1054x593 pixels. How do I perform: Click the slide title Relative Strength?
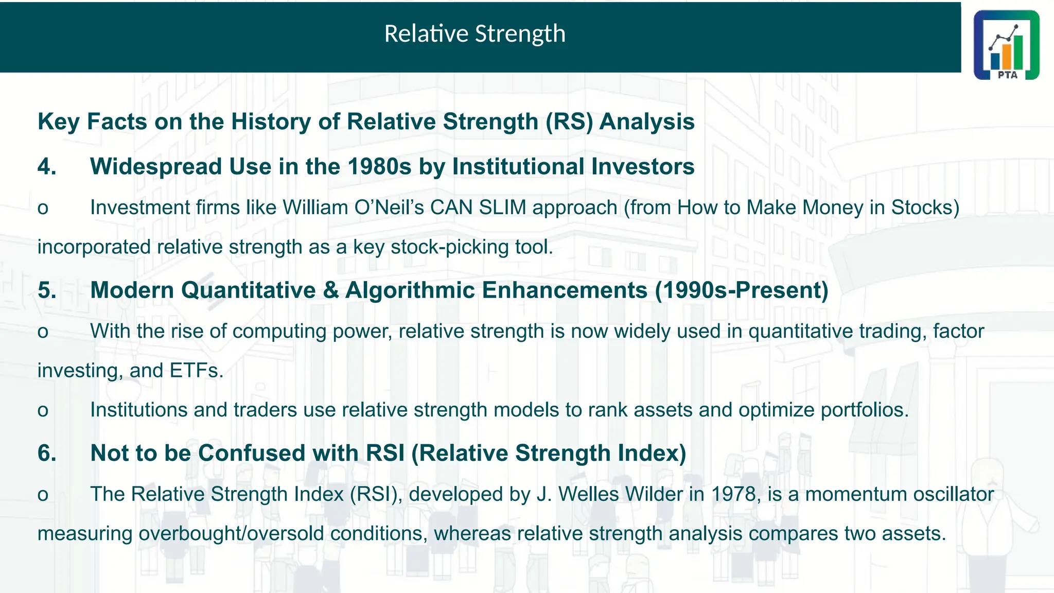pos(475,34)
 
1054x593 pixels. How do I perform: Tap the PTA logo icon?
pos(1006,45)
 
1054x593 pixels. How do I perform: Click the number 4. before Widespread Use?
pos(47,167)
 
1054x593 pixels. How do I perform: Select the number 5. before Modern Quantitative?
pos(47,290)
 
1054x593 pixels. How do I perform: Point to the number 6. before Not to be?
pos(47,454)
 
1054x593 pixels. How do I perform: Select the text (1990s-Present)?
pos(742,290)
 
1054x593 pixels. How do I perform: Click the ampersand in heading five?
pos(331,290)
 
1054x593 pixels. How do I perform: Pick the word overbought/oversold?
pos(231,534)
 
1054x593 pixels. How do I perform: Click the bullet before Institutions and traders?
pos(43,411)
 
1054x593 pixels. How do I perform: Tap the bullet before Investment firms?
pos(43,209)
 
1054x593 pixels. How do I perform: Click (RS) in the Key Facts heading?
pos(569,122)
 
